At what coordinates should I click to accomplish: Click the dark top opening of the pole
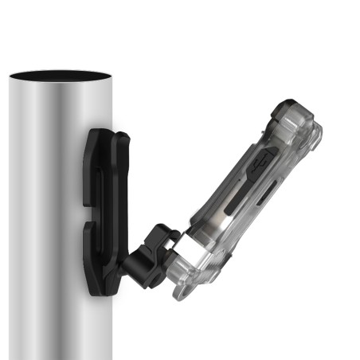click(x=60, y=75)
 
